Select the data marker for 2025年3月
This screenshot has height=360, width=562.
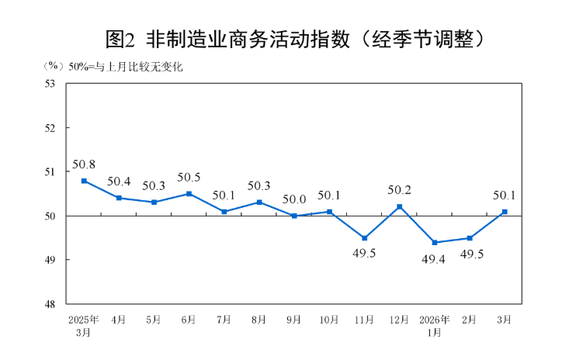(x=84, y=181)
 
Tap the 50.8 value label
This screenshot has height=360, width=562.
(x=84, y=164)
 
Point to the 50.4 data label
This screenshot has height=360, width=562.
(x=119, y=182)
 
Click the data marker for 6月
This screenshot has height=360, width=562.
(x=189, y=194)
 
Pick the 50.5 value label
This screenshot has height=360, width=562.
(x=189, y=178)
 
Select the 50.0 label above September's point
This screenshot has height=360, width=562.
(x=294, y=199)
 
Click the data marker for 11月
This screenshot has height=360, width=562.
(x=365, y=238)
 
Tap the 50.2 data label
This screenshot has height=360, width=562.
(x=400, y=190)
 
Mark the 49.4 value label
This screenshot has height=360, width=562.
(x=435, y=258)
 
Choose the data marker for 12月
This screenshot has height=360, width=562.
(x=400, y=206)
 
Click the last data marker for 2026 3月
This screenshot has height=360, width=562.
(x=505, y=212)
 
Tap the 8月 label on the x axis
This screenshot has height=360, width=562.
(x=259, y=320)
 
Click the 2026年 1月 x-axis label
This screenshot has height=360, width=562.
(x=435, y=326)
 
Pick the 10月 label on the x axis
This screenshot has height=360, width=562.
(x=329, y=320)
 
